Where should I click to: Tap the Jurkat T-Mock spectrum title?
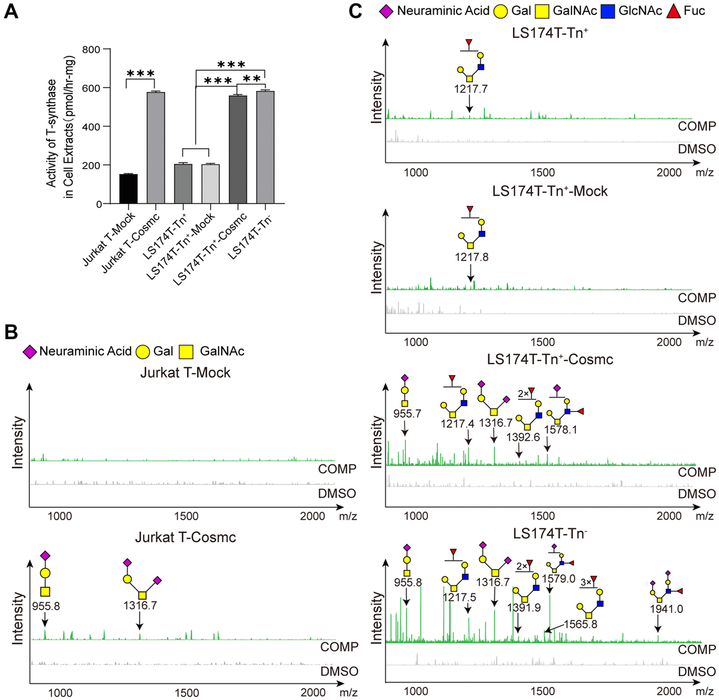185,372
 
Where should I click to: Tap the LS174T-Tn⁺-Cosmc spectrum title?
550,360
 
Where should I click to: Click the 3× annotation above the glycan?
585,581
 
